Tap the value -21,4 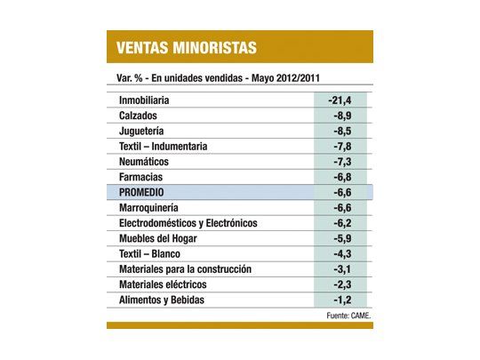[x=343, y=100]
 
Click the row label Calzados [x=140, y=116]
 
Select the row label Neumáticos [x=144, y=162]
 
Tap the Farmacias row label [x=141, y=177]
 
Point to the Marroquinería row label [x=151, y=207]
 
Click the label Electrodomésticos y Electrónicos [x=188, y=223]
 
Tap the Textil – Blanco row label [x=149, y=253]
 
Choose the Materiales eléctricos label [x=163, y=284]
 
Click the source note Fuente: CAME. [x=345, y=316]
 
